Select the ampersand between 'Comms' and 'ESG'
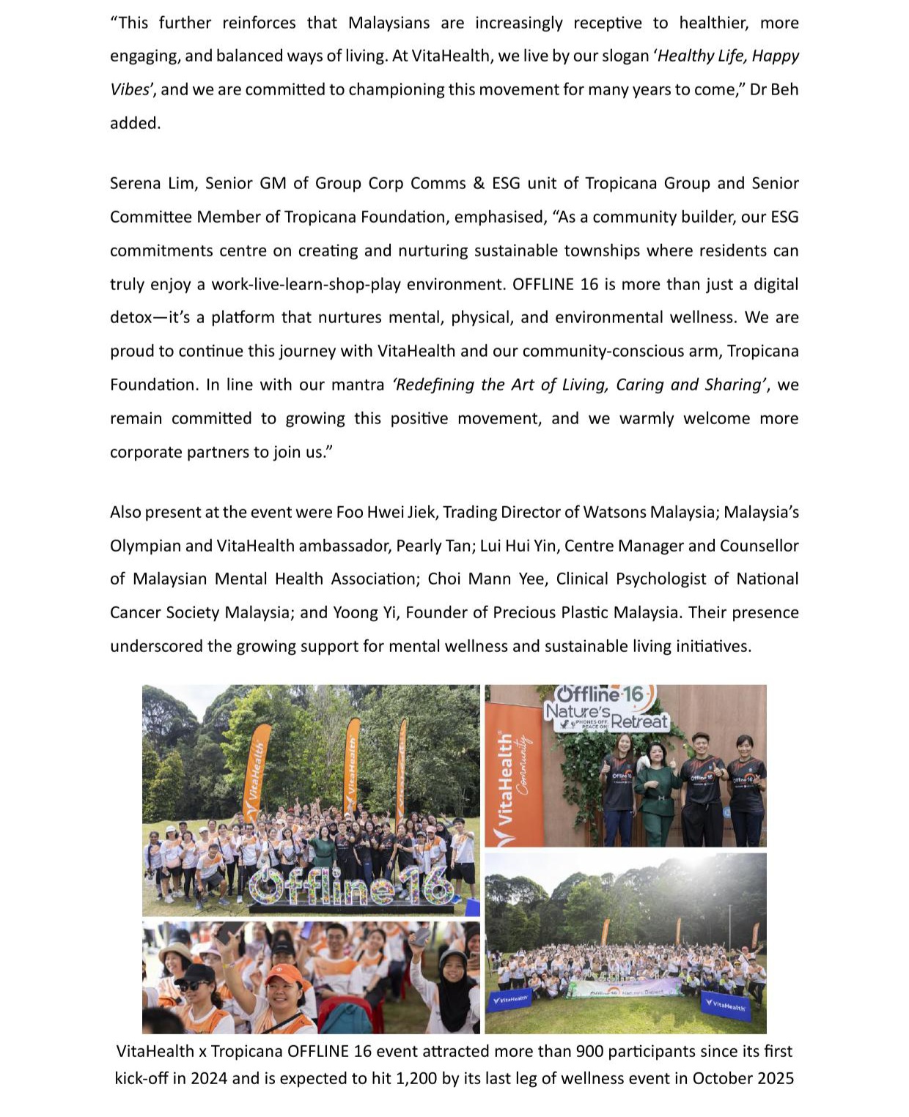[479, 183]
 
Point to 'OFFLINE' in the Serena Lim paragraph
[545, 284]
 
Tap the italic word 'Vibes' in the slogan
[130, 89]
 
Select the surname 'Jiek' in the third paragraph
[421, 512]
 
